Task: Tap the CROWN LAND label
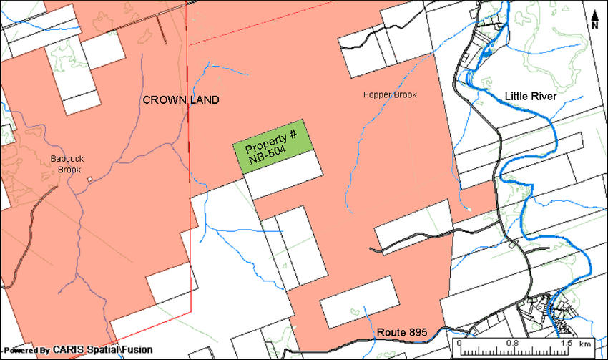pos(181,100)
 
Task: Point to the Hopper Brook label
pos(389,95)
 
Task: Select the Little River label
pos(530,96)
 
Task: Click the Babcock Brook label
pos(65,165)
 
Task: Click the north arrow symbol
pos(595,14)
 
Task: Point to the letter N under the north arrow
pos(595,26)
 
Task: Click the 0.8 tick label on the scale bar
pos(513,343)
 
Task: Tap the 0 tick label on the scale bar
pos(459,343)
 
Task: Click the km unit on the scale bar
pos(585,343)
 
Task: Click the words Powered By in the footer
pos(26,351)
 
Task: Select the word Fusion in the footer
pos(136,350)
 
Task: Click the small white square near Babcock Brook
pos(89,178)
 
